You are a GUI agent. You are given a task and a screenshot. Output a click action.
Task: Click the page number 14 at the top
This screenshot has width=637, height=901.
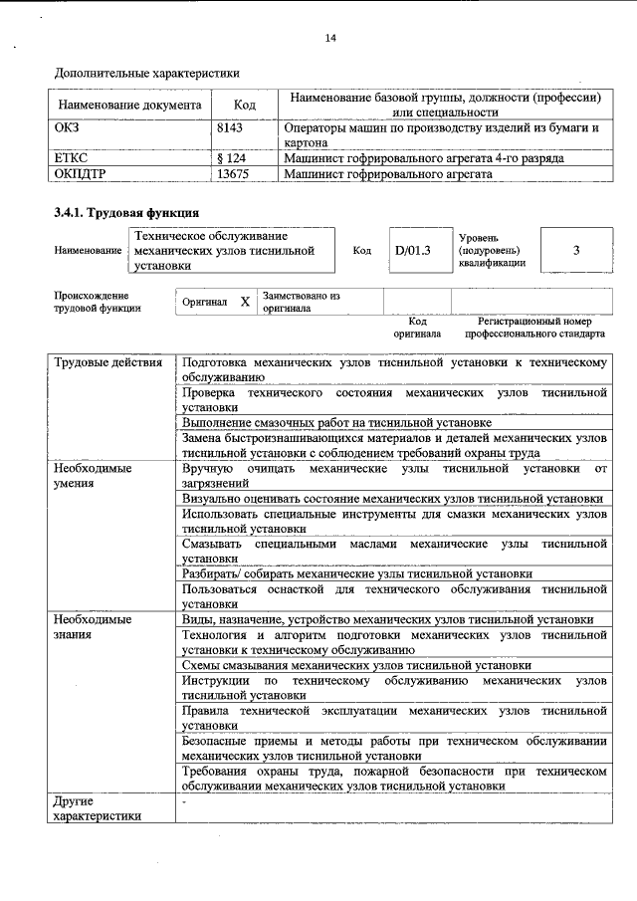click(x=331, y=39)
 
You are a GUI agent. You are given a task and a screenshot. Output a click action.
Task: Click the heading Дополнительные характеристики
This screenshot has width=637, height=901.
click(x=146, y=73)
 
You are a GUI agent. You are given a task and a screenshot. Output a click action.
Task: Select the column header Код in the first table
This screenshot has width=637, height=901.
click(x=245, y=105)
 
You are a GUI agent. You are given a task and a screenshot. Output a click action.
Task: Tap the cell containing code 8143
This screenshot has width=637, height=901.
click(x=230, y=128)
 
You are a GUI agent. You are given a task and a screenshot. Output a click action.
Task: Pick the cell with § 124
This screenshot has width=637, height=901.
click(x=231, y=158)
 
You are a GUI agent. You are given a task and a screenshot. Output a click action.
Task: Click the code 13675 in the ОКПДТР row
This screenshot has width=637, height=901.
click(x=232, y=173)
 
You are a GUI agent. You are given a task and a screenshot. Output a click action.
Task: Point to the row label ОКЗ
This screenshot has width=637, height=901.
click(x=67, y=128)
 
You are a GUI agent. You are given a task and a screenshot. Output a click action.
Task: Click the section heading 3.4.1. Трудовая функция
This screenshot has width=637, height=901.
click(x=125, y=213)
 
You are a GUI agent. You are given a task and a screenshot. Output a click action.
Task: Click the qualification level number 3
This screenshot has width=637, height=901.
click(x=576, y=251)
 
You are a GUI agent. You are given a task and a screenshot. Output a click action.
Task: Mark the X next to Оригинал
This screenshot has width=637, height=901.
click(x=245, y=302)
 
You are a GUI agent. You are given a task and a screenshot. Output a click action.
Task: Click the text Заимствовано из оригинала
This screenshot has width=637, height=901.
click(x=301, y=302)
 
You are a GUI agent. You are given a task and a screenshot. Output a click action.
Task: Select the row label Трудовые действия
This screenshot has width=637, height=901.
click(x=107, y=362)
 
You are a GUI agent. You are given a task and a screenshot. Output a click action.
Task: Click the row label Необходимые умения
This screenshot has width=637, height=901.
click(x=91, y=475)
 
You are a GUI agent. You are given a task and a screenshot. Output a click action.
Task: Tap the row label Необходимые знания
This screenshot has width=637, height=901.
click(x=91, y=626)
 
